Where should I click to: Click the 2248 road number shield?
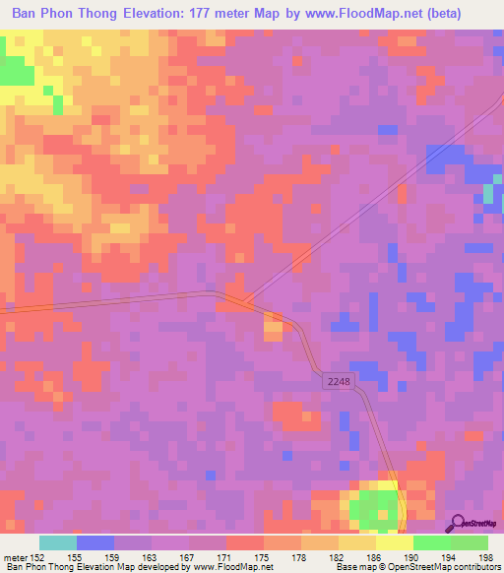(337, 379)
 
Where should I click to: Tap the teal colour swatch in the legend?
(58, 542)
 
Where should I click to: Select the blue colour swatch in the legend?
(95, 542)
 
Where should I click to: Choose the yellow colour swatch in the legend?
(394, 542)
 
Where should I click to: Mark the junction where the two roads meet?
(241, 300)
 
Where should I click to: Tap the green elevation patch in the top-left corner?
(14, 71)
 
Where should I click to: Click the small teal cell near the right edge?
(488, 193)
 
